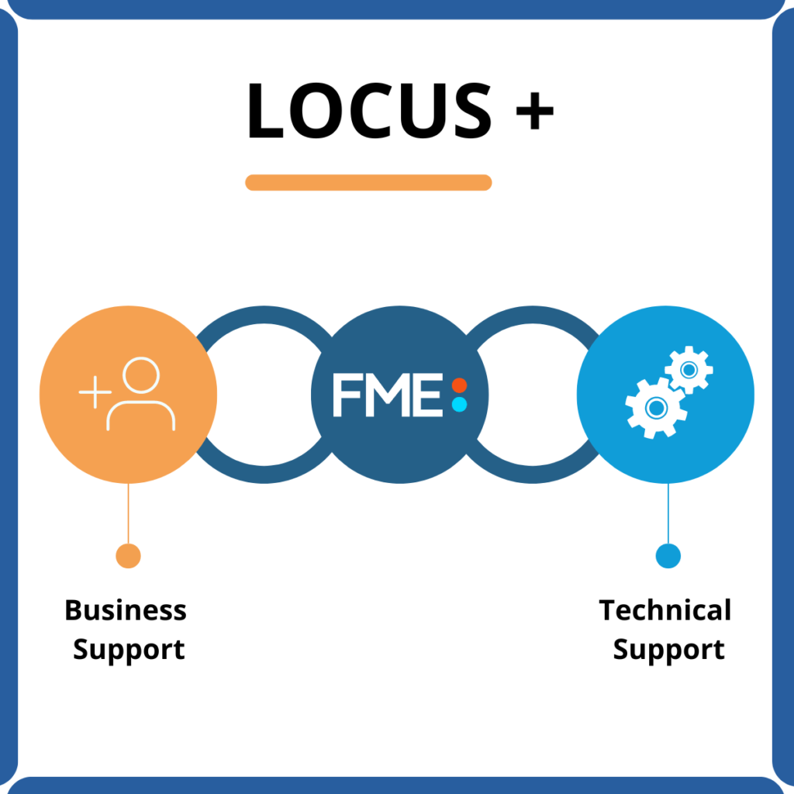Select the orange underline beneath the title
click(368, 182)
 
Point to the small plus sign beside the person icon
click(94, 393)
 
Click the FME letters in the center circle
click(388, 395)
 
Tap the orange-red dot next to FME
click(459, 385)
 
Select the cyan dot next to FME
click(459, 404)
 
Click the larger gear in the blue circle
click(655, 407)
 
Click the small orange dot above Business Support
click(128, 555)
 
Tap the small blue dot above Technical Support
click(668, 555)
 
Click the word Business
click(126, 610)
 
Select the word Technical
click(665, 610)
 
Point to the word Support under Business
click(129, 650)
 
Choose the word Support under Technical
click(668, 650)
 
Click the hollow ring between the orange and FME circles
click(264, 314)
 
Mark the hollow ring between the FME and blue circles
click(532, 314)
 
